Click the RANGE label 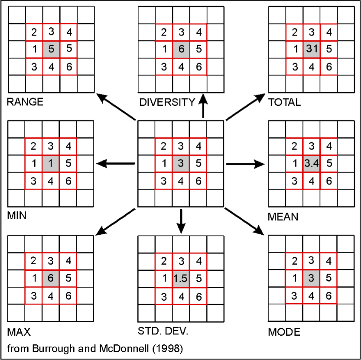click(x=25, y=102)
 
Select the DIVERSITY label click(x=167, y=102)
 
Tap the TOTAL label click(x=284, y=102)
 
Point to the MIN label click(x=17, y=215)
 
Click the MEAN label click(x=283, y=216)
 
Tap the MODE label click(x=284, y=332)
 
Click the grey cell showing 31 click(x=311, y=49)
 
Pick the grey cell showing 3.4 click(x=311, y=164)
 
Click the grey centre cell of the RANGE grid click(x=51, y=49)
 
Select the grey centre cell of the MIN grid click(x=51, y=164)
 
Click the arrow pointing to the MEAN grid click(x=245, y=164)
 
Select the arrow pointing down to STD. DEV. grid click(x=181, y=220)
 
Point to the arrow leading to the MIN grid click(x=116, y=164)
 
